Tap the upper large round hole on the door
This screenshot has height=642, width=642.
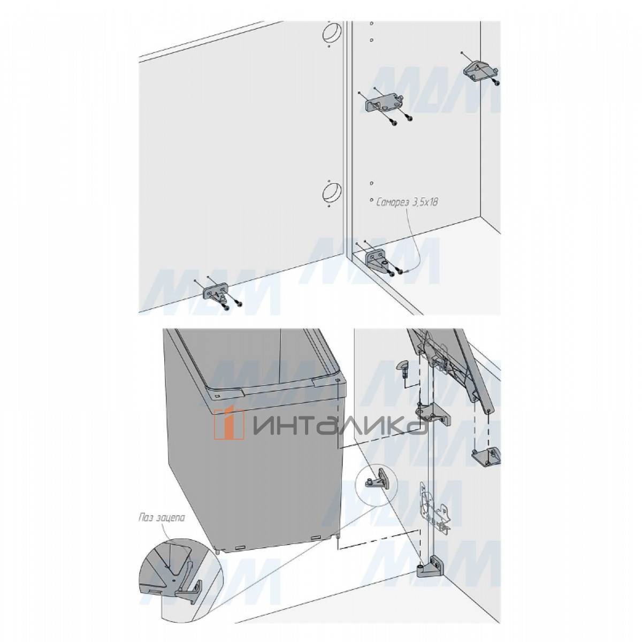pyautogui.click(x=332, y=33)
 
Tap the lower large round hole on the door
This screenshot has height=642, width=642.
pyautogui.click(x=332, y=193)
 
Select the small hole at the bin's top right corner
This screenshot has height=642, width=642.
pyautogui.click(x=338, y=379)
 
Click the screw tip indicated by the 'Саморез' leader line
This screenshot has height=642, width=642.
pyautogui.click(x=404, y=273)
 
